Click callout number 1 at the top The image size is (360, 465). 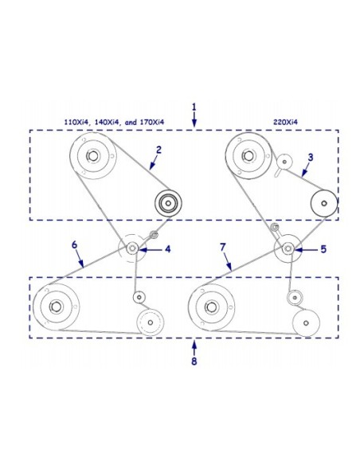coord(194,107)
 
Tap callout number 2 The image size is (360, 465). coord(159,150)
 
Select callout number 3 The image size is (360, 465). coord(310,157)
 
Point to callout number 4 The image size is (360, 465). coord(168,249)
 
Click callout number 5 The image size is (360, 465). coord(323,249)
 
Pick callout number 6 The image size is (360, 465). coord(74,245)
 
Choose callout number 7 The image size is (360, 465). coord(223,247)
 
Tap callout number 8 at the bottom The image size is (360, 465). coord(194,361)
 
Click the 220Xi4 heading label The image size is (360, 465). coord(285,122)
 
